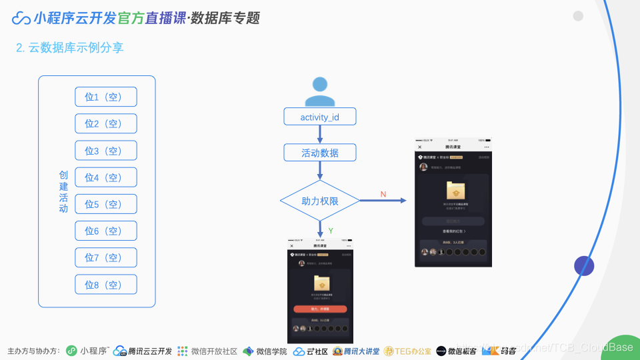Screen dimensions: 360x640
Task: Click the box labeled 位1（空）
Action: pyautogui.click(x=106, y=97)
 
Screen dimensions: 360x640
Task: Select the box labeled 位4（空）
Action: pyautogui.click(x=106, y=177)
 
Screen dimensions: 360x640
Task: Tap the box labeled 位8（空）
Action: pyautogui.click(x=106, y=285)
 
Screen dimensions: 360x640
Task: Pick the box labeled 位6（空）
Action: pyautogui.click(x=106, y=231)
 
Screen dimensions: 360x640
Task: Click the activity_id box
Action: pyautogui.click(x=320, y=117)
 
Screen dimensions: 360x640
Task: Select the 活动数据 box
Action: pyautogui.click(x=320, y=153)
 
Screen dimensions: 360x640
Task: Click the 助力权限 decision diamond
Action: pyautogui.click(x=320, y=201)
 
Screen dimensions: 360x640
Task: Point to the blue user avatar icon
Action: pyautogui.click(x=320, y=92)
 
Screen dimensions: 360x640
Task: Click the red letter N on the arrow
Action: pyautogui.click(x=383, y=194)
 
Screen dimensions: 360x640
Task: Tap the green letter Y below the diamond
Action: pyautogui.click(x=331, y=231)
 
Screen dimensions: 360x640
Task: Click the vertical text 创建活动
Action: pyautogui.click(x=63, y=191)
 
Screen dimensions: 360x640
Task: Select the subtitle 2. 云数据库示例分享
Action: pyautogui.click(x=69, y=48)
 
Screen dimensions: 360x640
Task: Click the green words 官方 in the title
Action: pyautogui.click(x=131, y=18)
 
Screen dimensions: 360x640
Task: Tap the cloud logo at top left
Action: pyautogui.click(x=21, y=18)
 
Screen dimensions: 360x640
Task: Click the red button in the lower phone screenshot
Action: pyautogui.click(x=320, y=309)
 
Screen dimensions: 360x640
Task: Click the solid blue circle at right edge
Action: pyautogui.click(x=584, y=266)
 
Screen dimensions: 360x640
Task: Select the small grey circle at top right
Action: pyautogui.click(x=578, y=16)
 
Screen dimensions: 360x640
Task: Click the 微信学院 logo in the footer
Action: pyautogui.click(x=265, y=351)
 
